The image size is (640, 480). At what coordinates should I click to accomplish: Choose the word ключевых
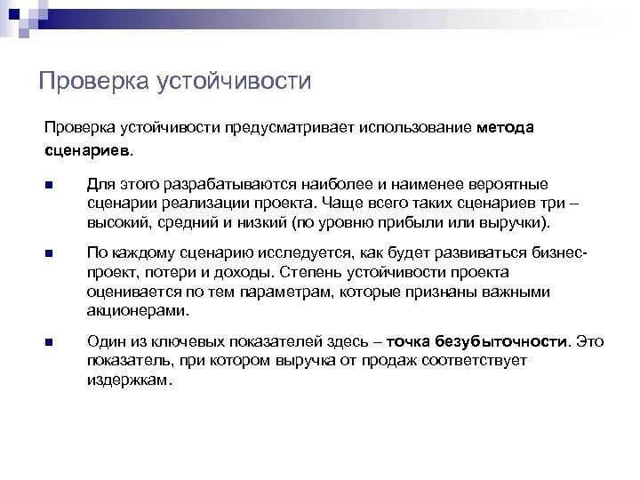point(182,340)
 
